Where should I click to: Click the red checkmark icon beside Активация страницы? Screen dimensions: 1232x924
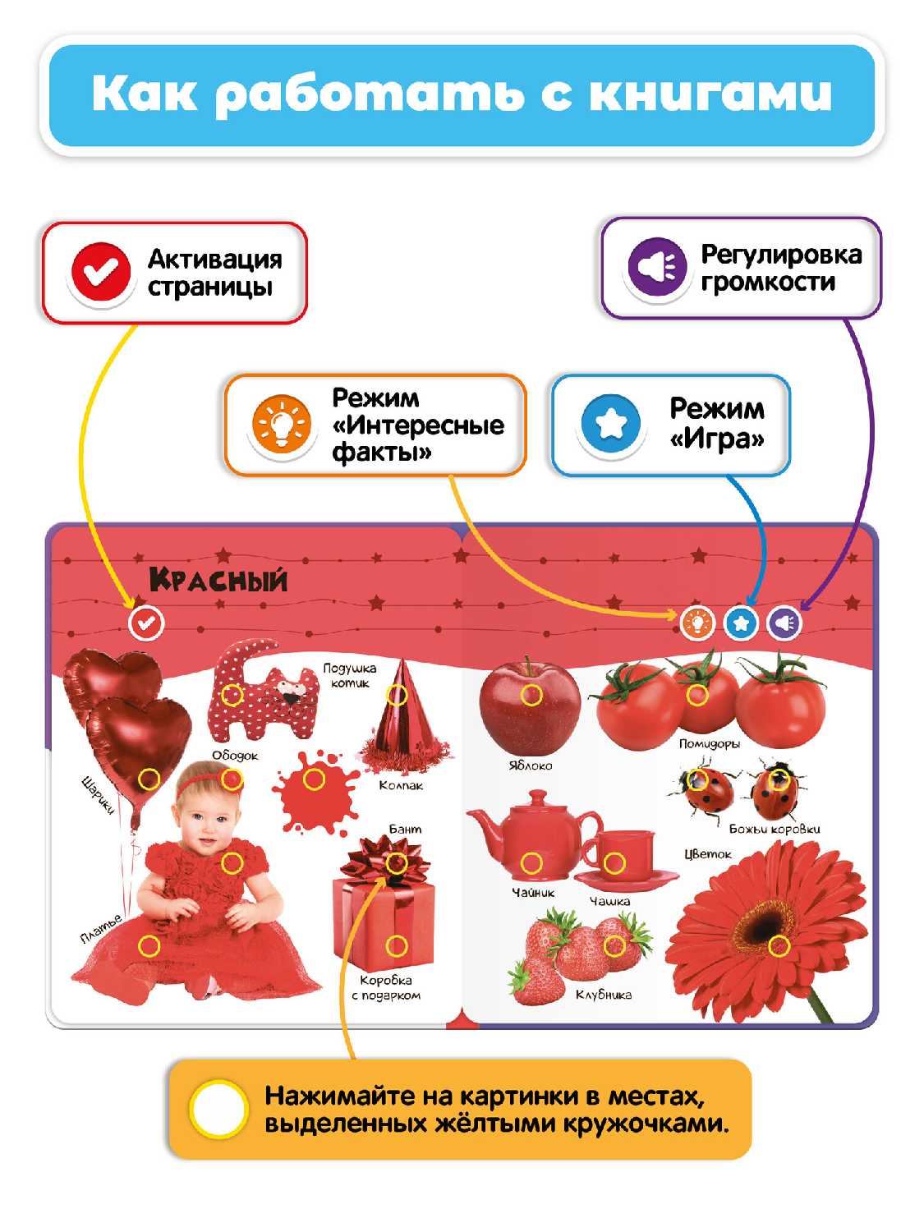point(100,272)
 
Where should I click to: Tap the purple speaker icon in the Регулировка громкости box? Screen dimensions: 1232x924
point(657,267)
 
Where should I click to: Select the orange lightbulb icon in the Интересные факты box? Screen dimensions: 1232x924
point(281,425)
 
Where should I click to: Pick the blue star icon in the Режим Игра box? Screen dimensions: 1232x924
point(609,423)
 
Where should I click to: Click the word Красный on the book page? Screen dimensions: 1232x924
point(218,580)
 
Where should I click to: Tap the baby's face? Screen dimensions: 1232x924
point(205,813)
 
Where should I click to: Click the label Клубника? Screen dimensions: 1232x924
point(603,995)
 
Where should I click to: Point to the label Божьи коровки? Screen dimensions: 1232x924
point(775,829)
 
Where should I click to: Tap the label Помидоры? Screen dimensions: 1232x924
point(709,744)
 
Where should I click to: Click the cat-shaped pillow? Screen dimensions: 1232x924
point(263,694)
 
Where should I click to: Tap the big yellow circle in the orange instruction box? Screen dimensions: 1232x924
point(218,1109)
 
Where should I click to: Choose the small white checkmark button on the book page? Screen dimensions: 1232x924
point(146,623)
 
